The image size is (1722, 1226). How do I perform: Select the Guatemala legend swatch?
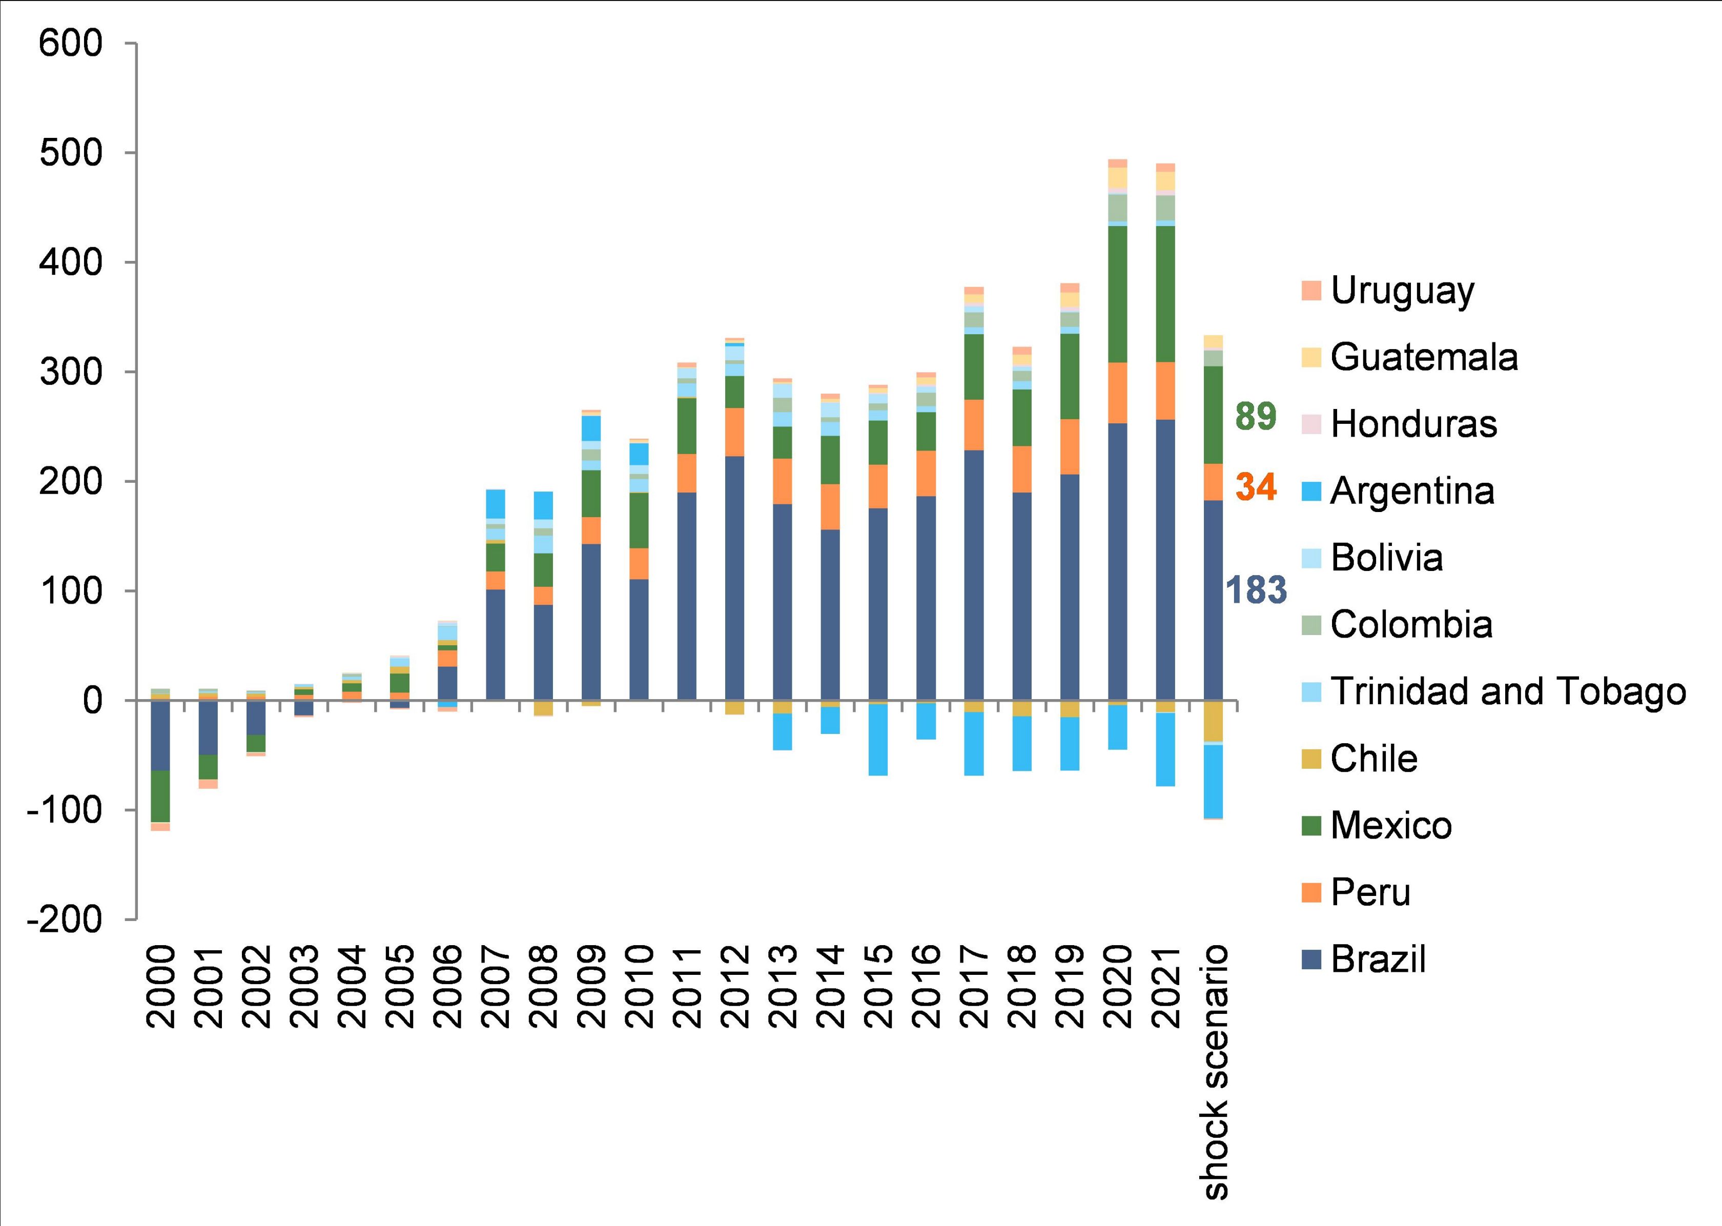coord(1312,357)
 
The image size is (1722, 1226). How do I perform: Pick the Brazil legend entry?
coord(1378,959)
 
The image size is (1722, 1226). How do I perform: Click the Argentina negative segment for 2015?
coord(878,740)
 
